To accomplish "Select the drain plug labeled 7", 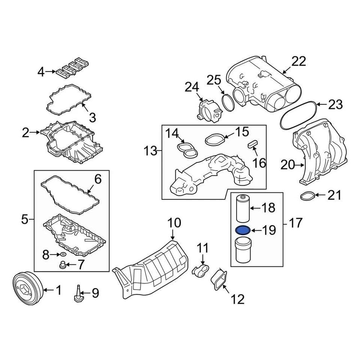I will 63,265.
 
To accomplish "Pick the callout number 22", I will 299,61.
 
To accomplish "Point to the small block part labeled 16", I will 252,144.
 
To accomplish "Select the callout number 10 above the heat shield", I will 174,224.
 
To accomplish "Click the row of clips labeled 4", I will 70,66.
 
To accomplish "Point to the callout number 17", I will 296,223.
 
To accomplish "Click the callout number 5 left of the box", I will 25,219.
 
